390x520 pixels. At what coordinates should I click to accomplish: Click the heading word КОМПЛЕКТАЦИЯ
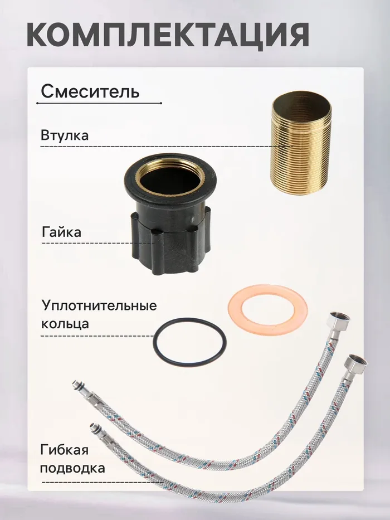(168, 35)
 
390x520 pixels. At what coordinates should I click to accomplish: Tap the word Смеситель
(90, 91)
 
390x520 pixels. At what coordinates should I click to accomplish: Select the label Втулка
(65, 135)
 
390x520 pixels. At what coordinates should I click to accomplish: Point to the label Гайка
(62, 232)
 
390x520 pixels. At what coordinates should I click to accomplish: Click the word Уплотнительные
(99, 306)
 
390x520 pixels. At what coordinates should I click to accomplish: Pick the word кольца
(65, 324)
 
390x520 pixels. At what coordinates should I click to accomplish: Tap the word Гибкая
(64, 450)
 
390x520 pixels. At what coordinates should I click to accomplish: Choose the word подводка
(72, 469)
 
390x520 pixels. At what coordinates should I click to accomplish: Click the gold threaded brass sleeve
(301, 143)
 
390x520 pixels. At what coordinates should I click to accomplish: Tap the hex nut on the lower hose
(354, 366)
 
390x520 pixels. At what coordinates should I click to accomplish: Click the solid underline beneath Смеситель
(99, 104)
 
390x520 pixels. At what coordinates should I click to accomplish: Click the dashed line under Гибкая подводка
(103, 482)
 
